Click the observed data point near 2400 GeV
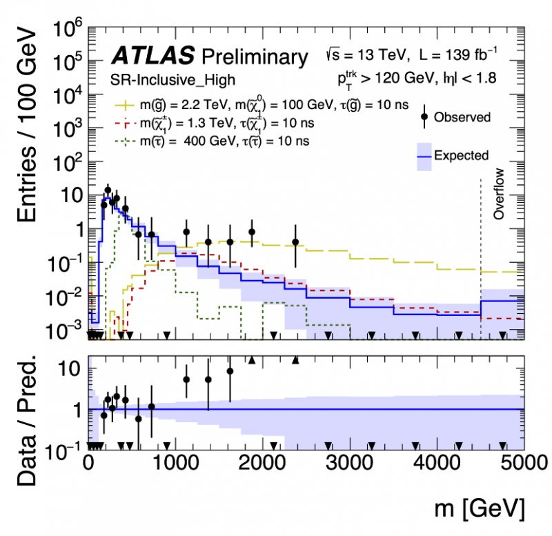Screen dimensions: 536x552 coord(295,242)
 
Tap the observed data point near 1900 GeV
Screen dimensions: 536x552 coord(252,232)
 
